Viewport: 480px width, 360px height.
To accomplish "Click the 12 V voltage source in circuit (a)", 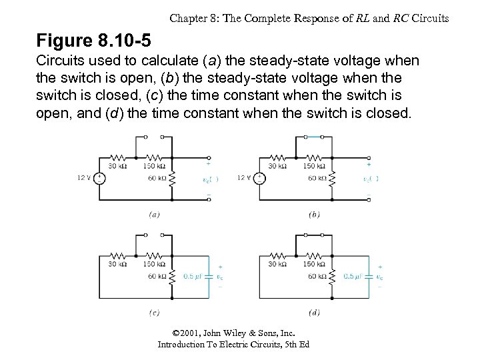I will pos(99,178).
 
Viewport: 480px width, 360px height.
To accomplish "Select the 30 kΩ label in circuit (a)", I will pos(117,166).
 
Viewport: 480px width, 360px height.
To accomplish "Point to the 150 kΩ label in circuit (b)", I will pos(313,166).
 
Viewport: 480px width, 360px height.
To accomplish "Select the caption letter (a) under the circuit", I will pos(153,215).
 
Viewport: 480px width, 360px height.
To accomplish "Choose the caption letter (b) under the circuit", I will pos(314,215).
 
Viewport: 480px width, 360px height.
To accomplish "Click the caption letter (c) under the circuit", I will pos(153,313).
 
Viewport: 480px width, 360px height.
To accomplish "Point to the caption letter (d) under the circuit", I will pos(314,313).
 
